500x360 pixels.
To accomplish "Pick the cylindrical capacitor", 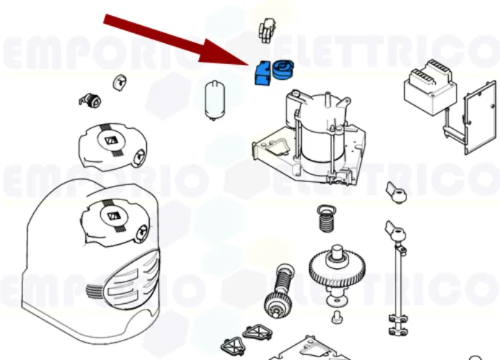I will point(215,98).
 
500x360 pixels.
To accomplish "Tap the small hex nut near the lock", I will point(117,81).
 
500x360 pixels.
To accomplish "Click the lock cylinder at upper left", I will point(90,99).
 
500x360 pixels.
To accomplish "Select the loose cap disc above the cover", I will point(110,143).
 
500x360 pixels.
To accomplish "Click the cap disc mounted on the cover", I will point(113,216).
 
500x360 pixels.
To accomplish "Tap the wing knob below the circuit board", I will point(396,192).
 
